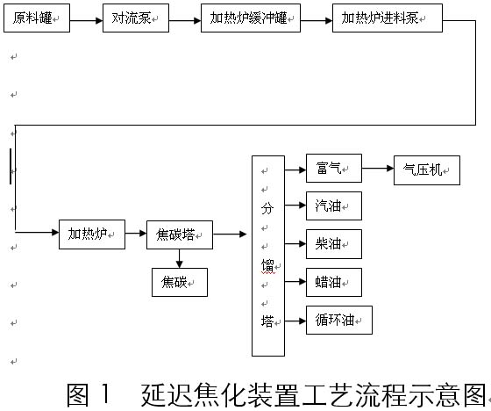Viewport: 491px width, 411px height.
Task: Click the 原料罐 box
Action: (x=37, y=18)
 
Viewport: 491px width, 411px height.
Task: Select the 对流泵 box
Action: (x=136, y=18)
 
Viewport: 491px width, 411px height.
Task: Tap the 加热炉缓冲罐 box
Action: (x=251, y=18)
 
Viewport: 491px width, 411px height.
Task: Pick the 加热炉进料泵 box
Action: (x=388, y=18)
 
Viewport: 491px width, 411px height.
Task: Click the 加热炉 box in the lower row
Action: (x=92, y=234)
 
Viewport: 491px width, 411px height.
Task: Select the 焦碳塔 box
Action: (x=180, y=235)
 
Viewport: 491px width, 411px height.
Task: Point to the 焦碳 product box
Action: (x=180, y=282)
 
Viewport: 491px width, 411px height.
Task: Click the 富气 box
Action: (x=334, y=168)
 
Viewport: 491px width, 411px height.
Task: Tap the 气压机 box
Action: (x=427, y=170)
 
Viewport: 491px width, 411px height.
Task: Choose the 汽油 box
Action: (x=334, y=205)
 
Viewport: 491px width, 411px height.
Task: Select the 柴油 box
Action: (x=334, y=244)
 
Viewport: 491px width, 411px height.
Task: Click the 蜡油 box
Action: (x=334, y=282)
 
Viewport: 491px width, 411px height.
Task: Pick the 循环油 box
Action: (x=339, y=320)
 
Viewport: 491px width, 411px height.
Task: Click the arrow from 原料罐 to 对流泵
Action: (x=87, y=21)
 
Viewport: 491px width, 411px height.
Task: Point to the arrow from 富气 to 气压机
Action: (x=378, y=169)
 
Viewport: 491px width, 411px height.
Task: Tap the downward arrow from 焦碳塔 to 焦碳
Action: (x=179, y=259)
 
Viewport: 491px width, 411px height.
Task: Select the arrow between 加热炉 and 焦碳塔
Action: (x=136, y=233)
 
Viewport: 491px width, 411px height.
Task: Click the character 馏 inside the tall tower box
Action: (x=267, y=266)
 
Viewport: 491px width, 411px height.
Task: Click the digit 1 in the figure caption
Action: (x=105, y=394)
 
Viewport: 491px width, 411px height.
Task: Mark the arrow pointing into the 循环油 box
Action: (x=295, y=321)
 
